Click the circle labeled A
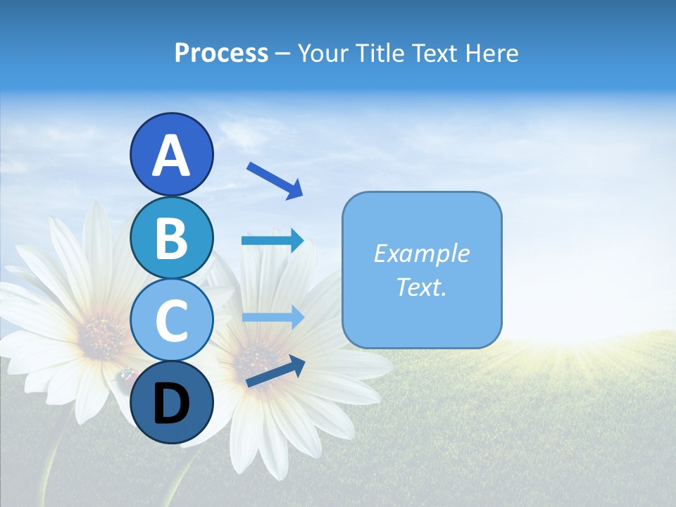[171, 154]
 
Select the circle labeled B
[171, 237]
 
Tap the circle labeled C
[171, 320]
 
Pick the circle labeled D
[171, 402]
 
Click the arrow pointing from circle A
[275, 180]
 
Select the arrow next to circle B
[273, 241]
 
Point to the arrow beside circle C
[273, 318]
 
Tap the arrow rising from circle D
[275, 372]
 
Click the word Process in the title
[221, 54]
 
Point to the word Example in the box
[421, 254]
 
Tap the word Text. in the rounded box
[421, 287]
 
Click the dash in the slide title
[283, 54]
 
